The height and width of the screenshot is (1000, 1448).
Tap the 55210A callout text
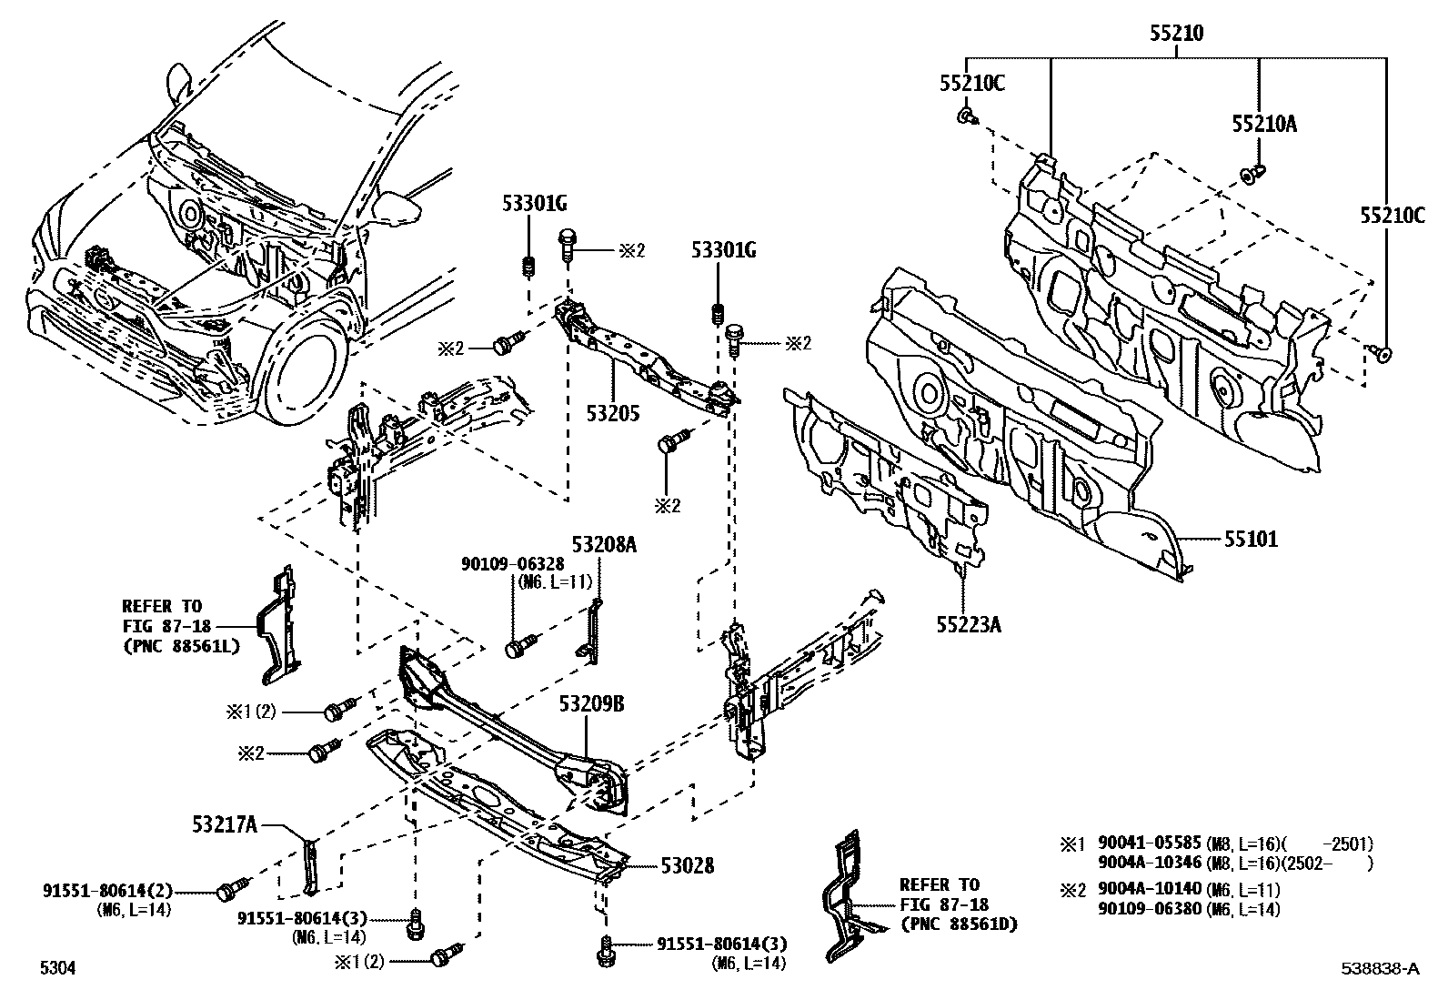tap(1264, 124)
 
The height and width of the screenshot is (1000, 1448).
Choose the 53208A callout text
tap(604, 544)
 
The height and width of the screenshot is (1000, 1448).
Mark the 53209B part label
tap(591, 704)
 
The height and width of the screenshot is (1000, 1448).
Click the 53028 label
tap(687, 866)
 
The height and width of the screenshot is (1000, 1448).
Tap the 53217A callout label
tap(225, 825)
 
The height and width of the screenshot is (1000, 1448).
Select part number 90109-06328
tap(513, 565)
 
